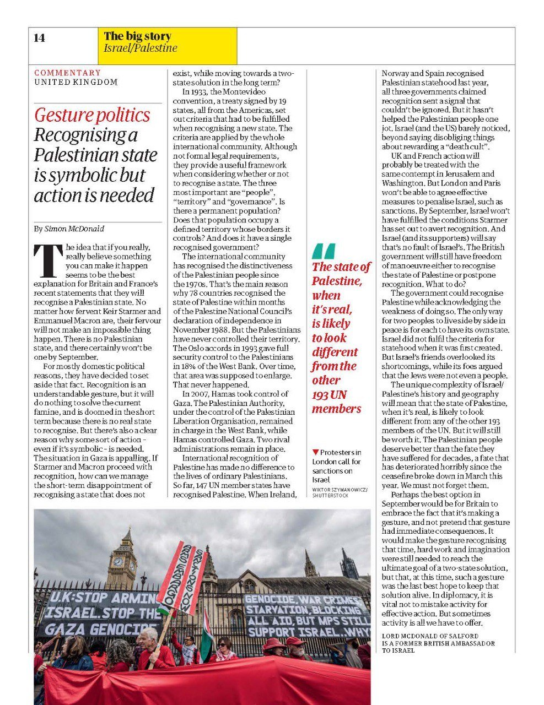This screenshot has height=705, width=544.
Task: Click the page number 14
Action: tap(39, 38)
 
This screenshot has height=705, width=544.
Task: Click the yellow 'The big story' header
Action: tap(137, 36)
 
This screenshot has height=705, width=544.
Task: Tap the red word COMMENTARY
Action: tap(68, 73)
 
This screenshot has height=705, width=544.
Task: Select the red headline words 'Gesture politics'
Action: tap(92, 115)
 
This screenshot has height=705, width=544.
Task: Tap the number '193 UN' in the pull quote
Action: tap(329, 394)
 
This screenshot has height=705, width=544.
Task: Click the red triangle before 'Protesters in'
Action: tap(315, 452)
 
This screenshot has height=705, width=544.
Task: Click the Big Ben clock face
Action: tap(117, 562)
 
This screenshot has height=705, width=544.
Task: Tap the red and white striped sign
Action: tap(181, 578)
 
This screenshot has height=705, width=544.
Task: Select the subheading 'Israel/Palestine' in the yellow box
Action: tap(141, 48)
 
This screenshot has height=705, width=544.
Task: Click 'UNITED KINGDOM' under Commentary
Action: tap(76, 82)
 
